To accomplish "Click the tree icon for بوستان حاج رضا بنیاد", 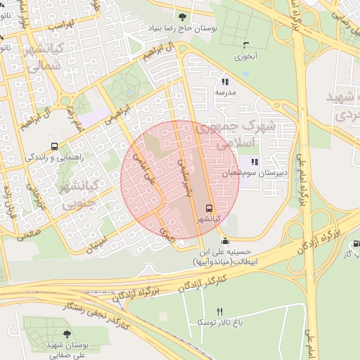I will (184, 17).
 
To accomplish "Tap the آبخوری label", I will (245, 55).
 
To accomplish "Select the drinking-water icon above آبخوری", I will (245, 43).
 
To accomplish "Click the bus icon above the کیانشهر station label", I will (208, 208).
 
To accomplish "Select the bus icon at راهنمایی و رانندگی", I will (54, 147).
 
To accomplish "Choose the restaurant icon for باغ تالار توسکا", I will (219, 311).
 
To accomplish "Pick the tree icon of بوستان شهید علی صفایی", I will (67, 334).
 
